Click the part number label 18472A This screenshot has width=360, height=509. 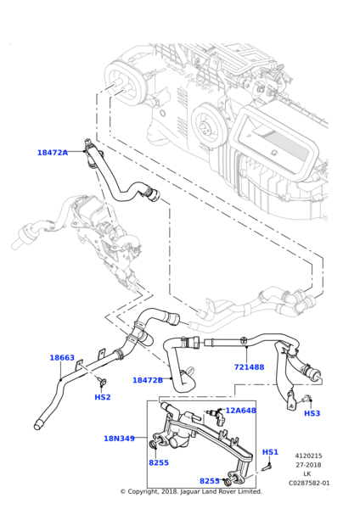(x=52, y=153)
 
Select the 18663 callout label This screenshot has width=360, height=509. (x=61, y=358)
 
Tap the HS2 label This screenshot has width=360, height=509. (x=102, y=397)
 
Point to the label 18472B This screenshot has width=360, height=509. (x=147, y=380)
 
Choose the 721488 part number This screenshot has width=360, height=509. (x=249, y=367)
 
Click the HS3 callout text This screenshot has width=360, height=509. (x=312, y=413)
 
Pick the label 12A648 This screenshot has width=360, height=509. (x=240, y=411)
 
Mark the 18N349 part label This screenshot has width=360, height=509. (x=119, y=439)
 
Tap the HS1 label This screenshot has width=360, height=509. (x=270, y=452)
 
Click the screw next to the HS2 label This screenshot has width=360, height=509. (x=101, y=382)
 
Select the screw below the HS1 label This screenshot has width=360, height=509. (x=267, y=465)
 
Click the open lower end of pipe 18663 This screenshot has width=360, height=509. (x=38, y=423)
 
